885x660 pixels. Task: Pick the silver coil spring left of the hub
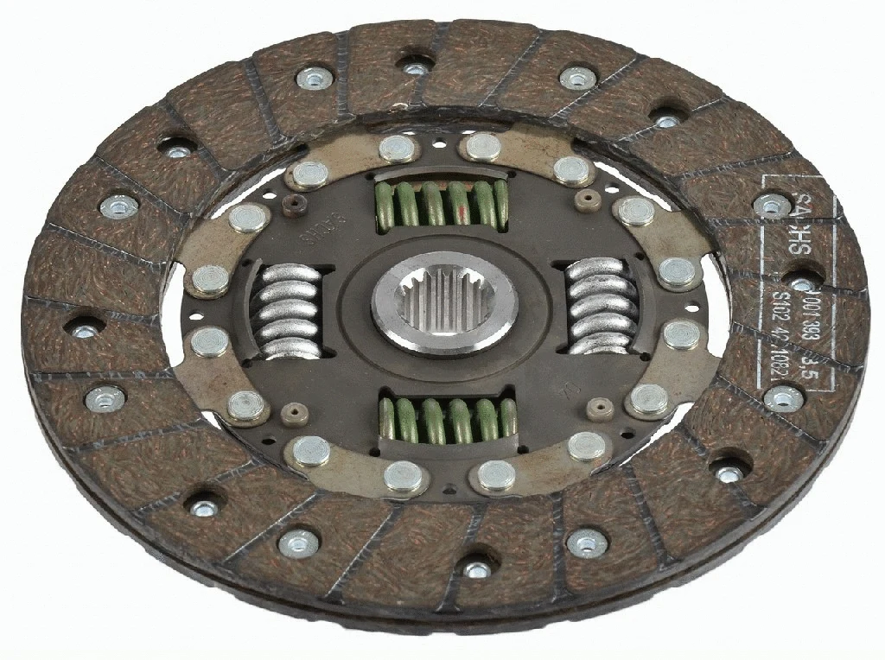click(x=290, y=310)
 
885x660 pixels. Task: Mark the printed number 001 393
click(x=812, y=313)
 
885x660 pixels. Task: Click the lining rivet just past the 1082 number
click(x=783, y=397)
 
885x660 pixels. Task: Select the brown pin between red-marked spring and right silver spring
click(x=591, y=200)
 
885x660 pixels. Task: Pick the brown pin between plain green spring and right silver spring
click(x=595, y=403)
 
